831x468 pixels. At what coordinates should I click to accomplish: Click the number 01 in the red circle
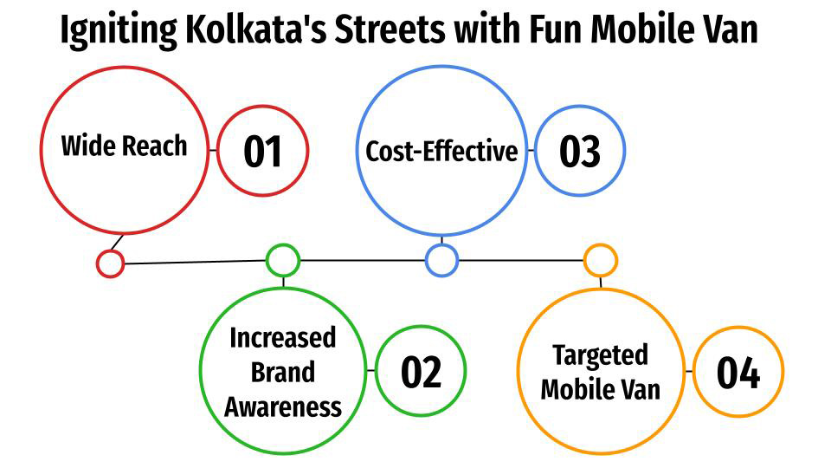(262, 152)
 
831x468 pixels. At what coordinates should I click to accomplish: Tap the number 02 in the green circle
(421, 372)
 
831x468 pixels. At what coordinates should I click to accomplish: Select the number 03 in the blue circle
(579, 152)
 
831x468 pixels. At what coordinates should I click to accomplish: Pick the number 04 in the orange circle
(738, 373)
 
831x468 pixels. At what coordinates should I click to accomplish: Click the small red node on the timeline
(110, 263)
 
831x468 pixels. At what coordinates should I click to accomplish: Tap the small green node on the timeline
(282, 260)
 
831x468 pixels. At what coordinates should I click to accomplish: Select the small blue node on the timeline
(441, 260)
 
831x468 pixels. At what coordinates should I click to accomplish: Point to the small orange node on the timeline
(600, 260)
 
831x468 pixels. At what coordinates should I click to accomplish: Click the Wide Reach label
(124, 146)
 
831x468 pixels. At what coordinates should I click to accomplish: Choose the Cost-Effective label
(441, 151)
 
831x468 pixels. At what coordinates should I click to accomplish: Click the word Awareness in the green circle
(283, 406)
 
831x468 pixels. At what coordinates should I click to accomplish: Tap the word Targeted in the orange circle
(600, 355)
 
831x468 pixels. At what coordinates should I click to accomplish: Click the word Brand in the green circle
(283, 372)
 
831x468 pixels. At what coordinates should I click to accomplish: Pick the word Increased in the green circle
(282, 338)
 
